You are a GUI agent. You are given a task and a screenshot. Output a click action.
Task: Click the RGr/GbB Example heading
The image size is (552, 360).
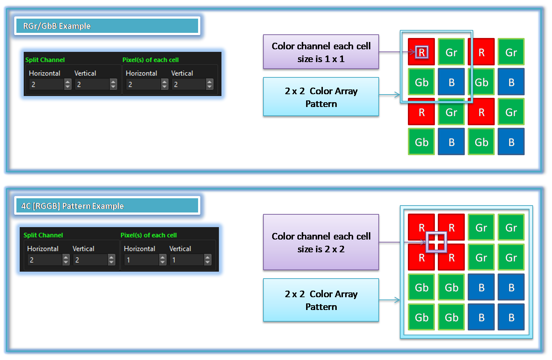click(x=57, y=26)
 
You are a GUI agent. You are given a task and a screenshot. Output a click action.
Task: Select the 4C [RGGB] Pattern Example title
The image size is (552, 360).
click(x=73, y=206)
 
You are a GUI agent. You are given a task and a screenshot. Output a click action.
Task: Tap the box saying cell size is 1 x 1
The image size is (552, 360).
click(x=321, y=52)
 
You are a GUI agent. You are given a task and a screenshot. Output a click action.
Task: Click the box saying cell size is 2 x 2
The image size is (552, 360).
click(x=321, y=242)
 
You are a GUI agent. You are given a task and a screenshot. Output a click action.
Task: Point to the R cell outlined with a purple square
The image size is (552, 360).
click(x=422, y=52)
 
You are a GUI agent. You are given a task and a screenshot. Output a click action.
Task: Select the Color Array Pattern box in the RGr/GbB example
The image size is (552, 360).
click(x=321, y=97)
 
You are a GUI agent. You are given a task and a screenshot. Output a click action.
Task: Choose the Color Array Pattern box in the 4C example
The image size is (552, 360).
click(x=321, y=300)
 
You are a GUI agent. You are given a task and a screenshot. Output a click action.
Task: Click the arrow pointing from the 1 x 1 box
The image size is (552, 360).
click(x=397, y=52)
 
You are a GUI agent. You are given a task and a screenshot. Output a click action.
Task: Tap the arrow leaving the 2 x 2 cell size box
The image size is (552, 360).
click(x=402, y=242)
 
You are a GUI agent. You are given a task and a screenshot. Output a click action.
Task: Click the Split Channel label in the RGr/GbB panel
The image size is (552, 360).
click(x=45, y=60)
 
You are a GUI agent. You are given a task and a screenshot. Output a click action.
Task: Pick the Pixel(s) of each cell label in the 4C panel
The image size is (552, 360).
click(x=148, y=235)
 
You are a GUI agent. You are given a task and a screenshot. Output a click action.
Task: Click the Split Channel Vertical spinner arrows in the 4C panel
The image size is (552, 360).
click(x=111, y=260)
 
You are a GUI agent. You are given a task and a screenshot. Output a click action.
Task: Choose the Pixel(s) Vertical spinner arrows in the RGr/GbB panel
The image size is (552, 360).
click(x=209, y=84)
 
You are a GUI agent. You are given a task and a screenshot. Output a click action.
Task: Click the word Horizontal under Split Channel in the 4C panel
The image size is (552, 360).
click(x=43, y=249)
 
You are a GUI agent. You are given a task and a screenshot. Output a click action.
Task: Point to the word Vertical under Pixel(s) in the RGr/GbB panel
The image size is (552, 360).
click(x=182, y=73)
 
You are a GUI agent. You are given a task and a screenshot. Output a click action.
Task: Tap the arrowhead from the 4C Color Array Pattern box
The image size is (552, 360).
click(x=397, y=300)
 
